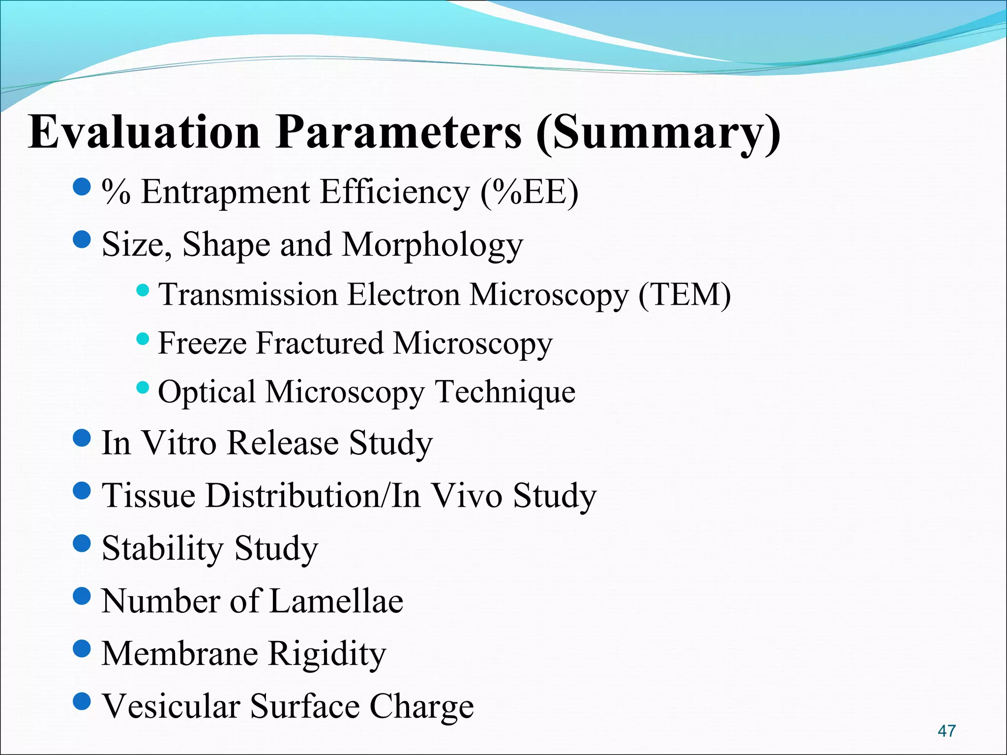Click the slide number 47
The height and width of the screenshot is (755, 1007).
coord(947,730)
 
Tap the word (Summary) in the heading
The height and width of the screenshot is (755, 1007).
coord(658,133)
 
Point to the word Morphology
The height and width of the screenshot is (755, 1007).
coord(433,245)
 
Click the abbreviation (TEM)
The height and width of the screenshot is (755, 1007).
coord(684,295)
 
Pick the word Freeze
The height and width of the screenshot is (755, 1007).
coord(202,343)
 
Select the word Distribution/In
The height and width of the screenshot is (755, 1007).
coord(313,495)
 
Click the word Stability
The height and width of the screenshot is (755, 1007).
coord(162,549)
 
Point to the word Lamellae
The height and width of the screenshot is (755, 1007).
coord(336,601)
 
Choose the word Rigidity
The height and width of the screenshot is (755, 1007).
coord(327,654)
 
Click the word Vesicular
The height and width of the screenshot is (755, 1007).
coord(171,706)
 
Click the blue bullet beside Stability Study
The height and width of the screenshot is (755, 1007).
coord(82,543)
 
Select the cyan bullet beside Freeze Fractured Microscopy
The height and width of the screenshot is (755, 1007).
coord(142,338)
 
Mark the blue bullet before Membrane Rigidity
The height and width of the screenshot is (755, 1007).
coord(82,648)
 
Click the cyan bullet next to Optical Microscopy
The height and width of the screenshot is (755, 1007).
coord(142,387)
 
